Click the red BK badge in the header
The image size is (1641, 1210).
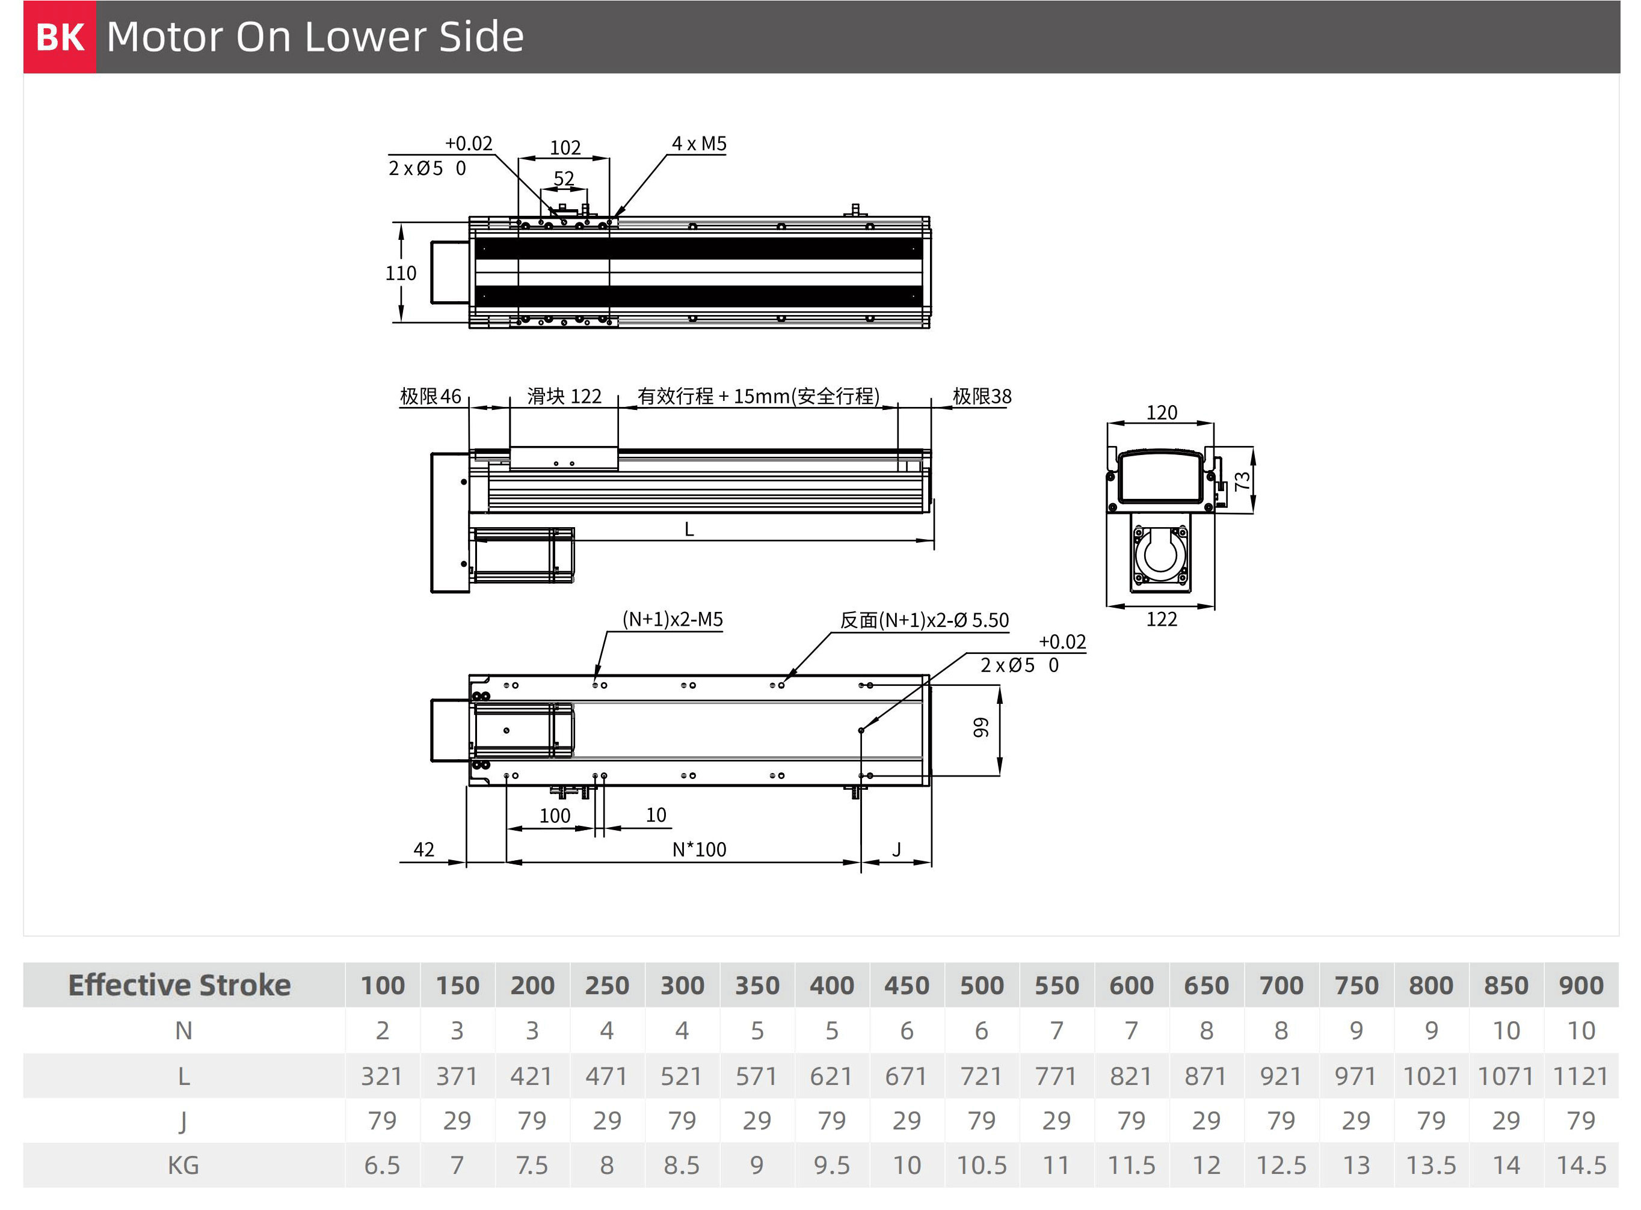[x=60, y=37]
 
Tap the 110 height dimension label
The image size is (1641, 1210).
[x=401, y=273]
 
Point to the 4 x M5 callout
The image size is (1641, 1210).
[x=699, y=144]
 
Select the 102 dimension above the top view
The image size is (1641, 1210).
[x=565, y=147]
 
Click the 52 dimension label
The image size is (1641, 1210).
[x=564, y=179]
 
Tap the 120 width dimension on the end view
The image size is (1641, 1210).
[x=1162, y=412]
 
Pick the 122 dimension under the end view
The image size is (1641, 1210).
[x=1162, y=620]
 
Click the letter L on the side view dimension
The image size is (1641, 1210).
[x=689, y=529]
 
